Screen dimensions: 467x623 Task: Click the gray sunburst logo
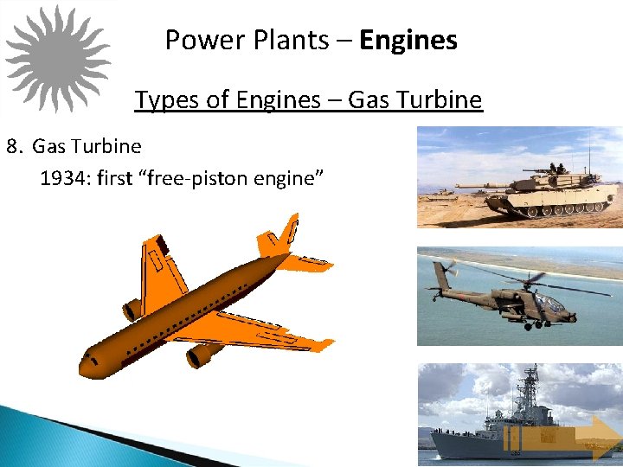pos(58,58)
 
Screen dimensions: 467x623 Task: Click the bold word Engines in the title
pos(408,40)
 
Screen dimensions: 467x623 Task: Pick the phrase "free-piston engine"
pos(235,178)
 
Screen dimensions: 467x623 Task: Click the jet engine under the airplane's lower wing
pos(203,353)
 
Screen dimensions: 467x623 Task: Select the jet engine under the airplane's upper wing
pos(132,308)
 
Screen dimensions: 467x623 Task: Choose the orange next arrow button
pos(592,436)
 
